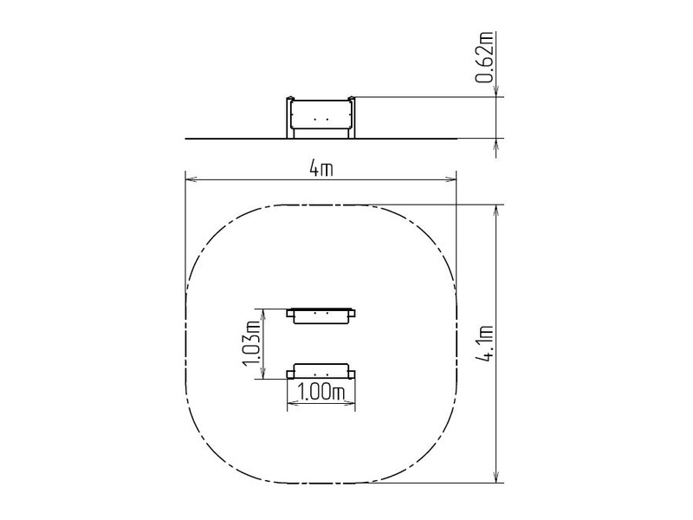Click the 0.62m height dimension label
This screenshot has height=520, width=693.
[x=484, y=56]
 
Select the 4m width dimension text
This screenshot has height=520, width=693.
[x=321, y=168]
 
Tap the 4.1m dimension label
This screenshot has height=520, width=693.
[x=484, y=343]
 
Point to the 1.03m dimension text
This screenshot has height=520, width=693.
[x=251, y=343]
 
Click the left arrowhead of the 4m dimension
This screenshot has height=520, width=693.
[x=191, y=179]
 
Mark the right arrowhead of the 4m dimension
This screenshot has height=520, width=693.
[x=450, y=179]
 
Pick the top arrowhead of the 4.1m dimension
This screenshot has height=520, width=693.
[x=496, y=211]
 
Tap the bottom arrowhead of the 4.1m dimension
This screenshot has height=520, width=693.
[x=496, y=477]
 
